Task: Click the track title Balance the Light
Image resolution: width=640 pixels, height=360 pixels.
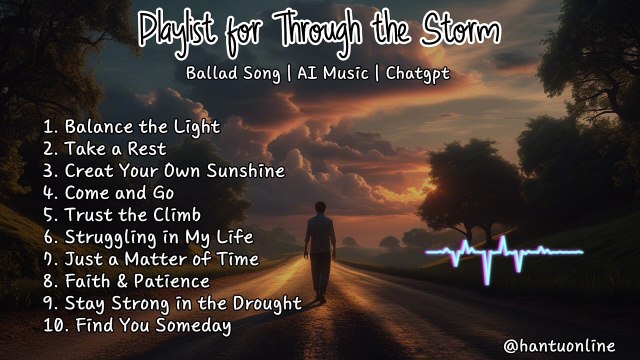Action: pos(142,127)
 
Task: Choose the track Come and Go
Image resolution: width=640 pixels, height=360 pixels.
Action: pos(120,192)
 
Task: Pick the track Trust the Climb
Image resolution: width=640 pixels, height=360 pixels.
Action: pos(133,214)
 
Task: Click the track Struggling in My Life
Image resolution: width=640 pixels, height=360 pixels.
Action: pos(159,237)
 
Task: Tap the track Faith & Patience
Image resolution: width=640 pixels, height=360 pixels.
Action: pos(138,281)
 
